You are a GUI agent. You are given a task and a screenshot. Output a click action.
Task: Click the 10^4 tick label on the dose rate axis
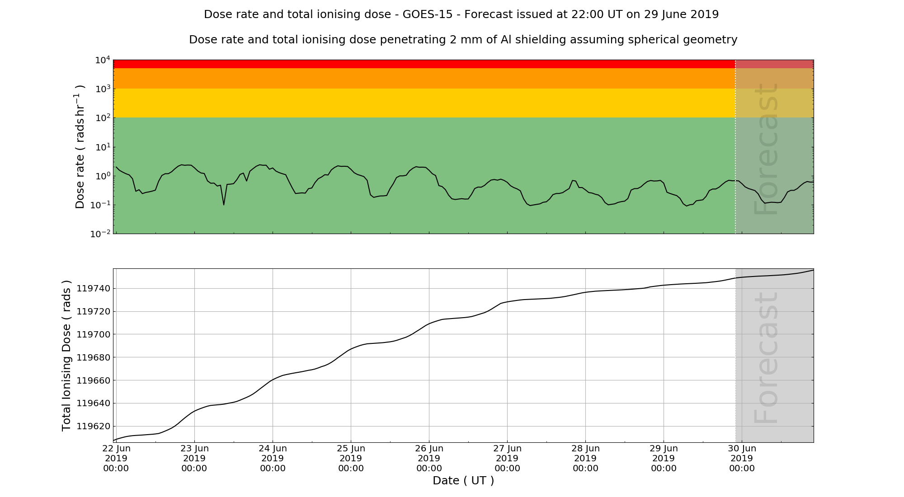pyautogui.click(x=102, y=60)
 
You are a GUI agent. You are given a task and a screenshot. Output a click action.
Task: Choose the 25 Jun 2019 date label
pyautogui.click(x=351, y=458)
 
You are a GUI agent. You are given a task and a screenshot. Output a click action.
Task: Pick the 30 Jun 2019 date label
pyautogui.click(x=742, y=458)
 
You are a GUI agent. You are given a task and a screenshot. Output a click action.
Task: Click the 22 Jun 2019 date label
pyautogui.click(x=116, y=458)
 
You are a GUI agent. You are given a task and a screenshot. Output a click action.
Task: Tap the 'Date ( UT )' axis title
pyautogui.click(x=463, y=481)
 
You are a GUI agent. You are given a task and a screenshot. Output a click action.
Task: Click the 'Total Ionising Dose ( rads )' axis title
pyautogui.click(x=66, y=356)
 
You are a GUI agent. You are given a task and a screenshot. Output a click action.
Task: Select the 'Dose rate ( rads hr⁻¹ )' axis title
pyautogui.click(x=80, y=146)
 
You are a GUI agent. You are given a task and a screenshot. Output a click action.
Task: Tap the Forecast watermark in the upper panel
pyautogui.click(x=767, y=149)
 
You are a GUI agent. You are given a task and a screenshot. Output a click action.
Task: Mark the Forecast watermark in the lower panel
pyautogui.click(x=767, y=358)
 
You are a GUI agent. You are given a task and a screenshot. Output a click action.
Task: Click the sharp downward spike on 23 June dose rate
pyautogui.click(x=224, y=204)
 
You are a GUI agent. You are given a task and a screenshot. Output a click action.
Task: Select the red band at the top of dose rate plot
pyautogui.click(x=424, y=64)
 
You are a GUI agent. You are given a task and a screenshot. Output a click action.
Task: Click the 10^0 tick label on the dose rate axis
pyautogui.click(x=102, y=176)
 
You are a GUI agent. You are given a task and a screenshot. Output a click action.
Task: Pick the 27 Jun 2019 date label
pyautogui.click(x=507, y=458)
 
